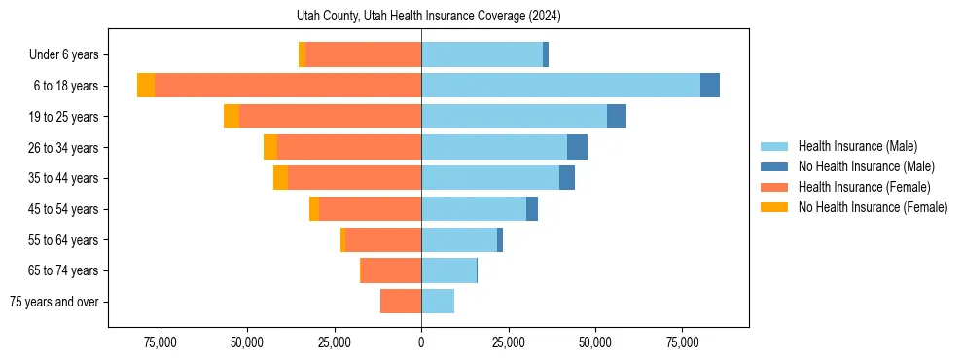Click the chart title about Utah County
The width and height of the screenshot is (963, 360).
(428, 17)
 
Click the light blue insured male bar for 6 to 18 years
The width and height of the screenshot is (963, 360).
(560, 86)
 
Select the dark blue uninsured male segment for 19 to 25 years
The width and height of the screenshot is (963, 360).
(617, 117)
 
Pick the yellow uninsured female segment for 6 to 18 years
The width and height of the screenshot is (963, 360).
(146, 86)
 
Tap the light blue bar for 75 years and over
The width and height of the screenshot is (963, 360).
(438, 302)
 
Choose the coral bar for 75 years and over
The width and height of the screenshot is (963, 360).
(401, 302)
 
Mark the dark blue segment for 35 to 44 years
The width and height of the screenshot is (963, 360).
(567, 178)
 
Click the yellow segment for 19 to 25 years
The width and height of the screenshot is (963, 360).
(232, 117)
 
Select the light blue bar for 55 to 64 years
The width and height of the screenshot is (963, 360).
(459, 239)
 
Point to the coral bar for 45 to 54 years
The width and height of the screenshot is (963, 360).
(370, 209)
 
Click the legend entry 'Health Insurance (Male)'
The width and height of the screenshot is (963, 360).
(857, 146)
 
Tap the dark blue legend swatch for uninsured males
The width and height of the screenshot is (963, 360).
(774, 166)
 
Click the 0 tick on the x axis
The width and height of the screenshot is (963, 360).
(421, 342)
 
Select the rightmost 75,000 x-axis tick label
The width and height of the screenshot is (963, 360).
(682, 342)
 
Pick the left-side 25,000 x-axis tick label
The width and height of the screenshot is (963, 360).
(334, 342)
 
